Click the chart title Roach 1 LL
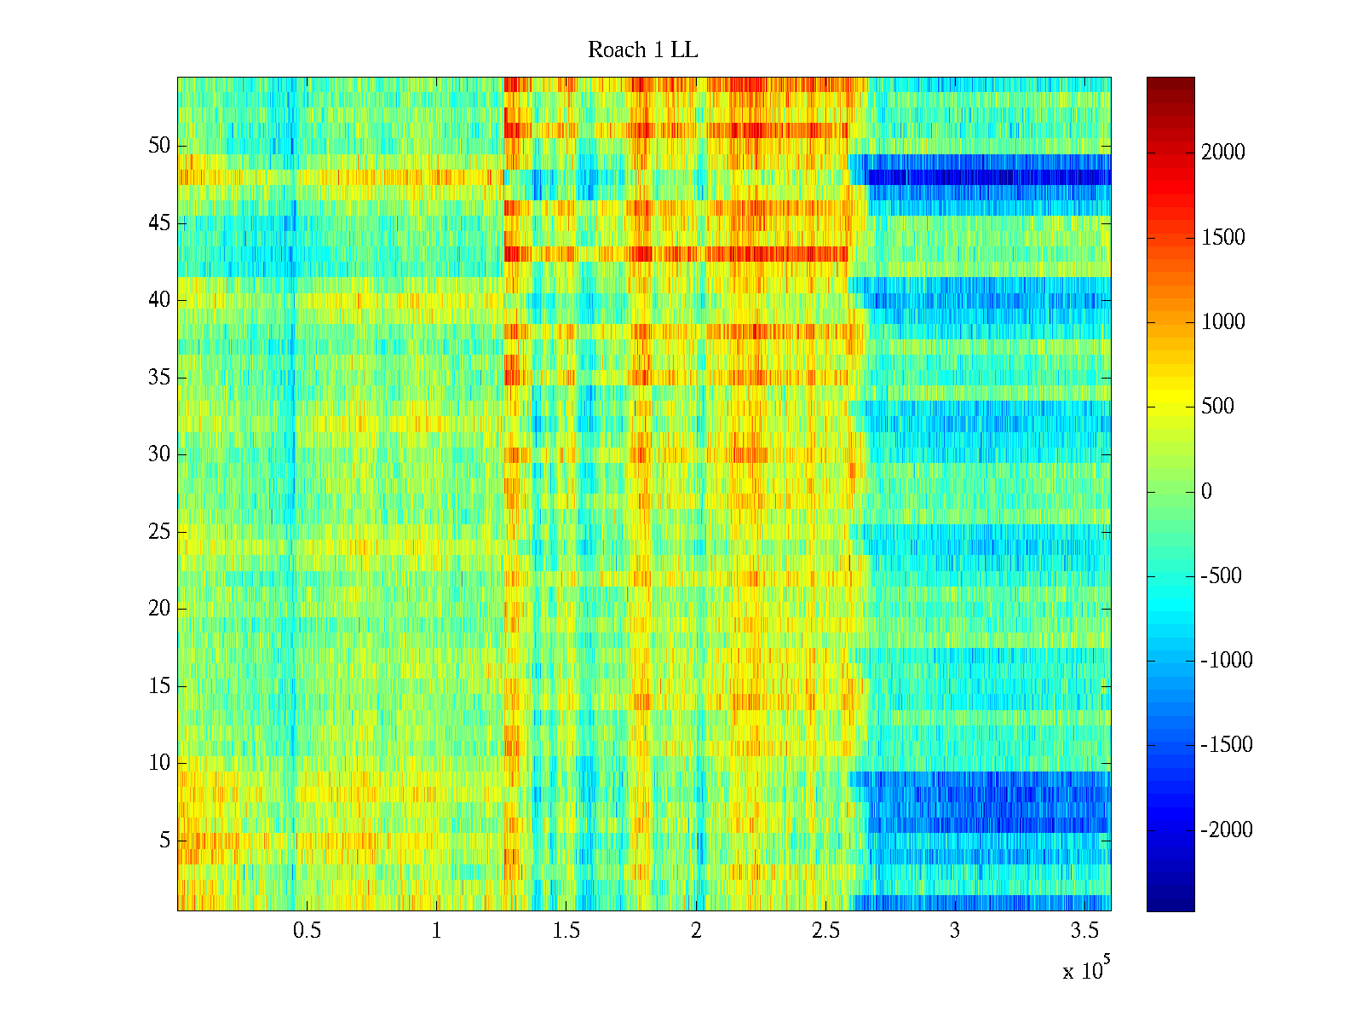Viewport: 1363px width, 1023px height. tap(642, 50)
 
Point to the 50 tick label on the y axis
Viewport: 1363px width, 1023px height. tap(159, 146)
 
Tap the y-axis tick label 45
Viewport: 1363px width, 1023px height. tap(159, 223)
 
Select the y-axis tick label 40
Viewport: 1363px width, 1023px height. tap(159, 300)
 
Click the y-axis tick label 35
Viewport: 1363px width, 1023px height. tap(159, 378)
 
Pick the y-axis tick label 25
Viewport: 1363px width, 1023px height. tap(159, 532)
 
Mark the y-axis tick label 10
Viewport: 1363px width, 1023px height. tap(159, 763)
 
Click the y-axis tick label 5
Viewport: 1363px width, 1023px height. tap(164, 841)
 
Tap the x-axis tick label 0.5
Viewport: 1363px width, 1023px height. tap(307, 931)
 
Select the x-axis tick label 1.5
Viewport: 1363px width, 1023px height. tap(566, 931)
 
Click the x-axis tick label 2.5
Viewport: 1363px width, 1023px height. tap(825, 931)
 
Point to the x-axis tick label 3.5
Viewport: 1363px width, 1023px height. tap(1084, 931)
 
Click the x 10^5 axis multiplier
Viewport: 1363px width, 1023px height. tap(1086, 969)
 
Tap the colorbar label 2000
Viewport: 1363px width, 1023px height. tap(1223, 153)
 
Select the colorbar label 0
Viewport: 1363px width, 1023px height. tap(1206, 491)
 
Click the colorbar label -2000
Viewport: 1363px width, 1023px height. tap(1227, 829)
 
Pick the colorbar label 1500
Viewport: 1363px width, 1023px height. tap(1223, 237)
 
